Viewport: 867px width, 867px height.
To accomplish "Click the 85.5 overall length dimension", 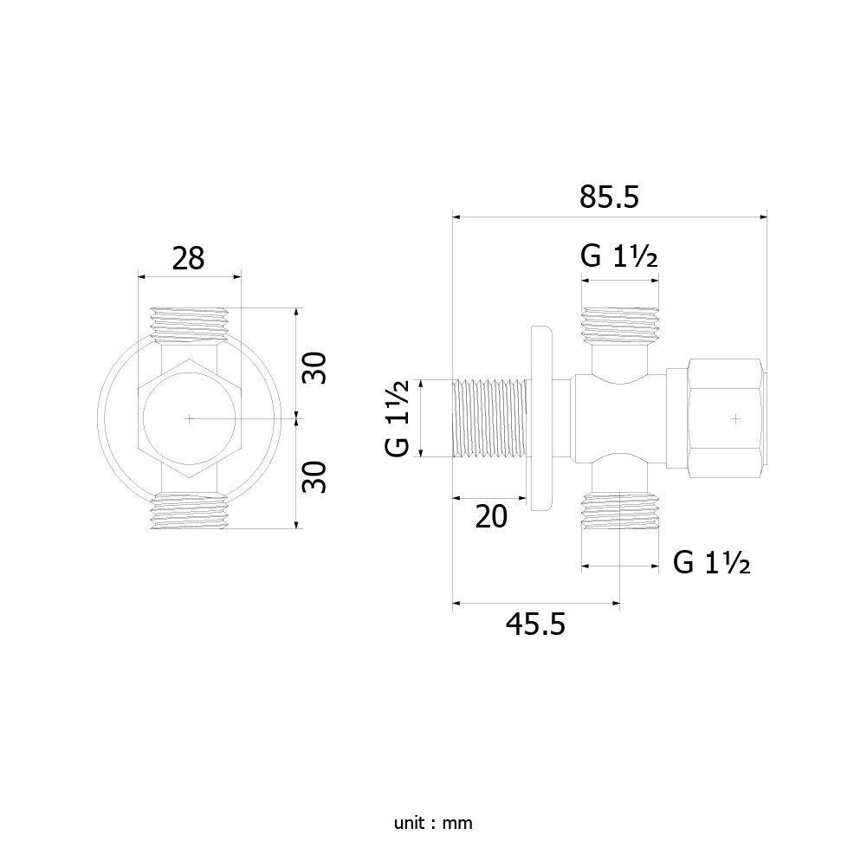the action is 609,197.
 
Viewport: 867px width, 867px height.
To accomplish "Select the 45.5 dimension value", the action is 535,624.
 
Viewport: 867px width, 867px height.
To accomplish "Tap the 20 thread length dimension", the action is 491,517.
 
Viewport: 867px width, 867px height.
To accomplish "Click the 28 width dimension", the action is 188,258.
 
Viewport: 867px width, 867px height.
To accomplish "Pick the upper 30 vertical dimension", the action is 314,368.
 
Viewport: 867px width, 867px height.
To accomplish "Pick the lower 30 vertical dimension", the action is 314,477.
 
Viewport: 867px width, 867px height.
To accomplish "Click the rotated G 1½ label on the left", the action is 397,418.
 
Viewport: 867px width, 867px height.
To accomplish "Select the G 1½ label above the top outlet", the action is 619,256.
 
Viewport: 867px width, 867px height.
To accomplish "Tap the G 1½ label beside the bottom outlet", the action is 712,563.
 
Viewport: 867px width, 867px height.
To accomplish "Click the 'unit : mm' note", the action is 433,824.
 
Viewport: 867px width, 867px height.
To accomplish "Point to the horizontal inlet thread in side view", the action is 488,418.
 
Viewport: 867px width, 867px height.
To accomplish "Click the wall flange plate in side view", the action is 540,418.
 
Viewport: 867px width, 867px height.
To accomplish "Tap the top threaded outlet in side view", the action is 620,325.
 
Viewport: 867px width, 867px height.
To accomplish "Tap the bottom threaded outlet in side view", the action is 620,511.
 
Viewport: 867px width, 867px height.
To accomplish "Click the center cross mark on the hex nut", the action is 735,418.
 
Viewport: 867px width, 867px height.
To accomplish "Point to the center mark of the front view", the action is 189,418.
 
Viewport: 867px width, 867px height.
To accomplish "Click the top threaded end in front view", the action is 189,325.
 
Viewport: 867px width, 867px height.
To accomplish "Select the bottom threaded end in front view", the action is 189,512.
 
